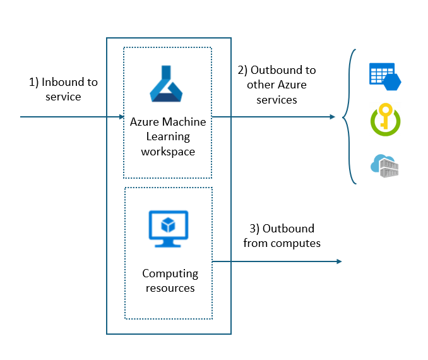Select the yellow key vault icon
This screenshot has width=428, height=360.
(385, 121)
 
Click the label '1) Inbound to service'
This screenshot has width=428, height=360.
(63, 90)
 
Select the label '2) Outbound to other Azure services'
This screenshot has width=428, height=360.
(276, 85)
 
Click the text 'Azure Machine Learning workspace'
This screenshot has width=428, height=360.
(168, 136)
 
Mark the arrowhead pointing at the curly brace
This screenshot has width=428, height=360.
(332, 117)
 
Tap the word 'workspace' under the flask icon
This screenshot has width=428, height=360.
(168, 152)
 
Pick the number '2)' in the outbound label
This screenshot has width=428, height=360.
(243, 70)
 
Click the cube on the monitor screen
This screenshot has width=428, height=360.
(168, 224)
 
